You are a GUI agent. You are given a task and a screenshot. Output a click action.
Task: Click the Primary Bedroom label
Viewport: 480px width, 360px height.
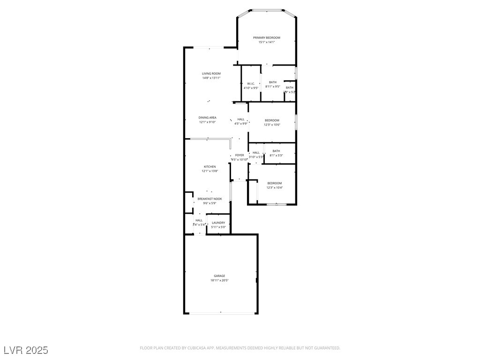coord(266,37)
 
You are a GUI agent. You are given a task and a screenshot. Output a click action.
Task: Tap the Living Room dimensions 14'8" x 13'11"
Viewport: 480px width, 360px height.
coord(211,78)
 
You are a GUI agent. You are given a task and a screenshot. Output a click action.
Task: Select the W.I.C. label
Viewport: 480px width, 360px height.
coord(251,83)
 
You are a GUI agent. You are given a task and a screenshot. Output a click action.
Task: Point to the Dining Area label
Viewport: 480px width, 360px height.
coord(207,118)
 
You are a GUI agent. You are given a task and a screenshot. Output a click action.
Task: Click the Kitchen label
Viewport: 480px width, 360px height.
coord(210,167)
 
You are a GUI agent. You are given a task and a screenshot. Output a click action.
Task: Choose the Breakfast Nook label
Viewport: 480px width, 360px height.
coord(210,199)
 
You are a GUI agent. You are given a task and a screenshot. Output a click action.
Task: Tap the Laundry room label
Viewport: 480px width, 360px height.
coord(218,223)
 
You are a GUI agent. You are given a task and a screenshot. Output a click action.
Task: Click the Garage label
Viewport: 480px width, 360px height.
coord(219,276)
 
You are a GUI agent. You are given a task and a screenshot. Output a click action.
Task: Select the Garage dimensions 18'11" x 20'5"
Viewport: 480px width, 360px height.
coord(219,280)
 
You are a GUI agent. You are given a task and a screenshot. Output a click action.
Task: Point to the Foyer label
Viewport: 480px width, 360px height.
coord(240,155)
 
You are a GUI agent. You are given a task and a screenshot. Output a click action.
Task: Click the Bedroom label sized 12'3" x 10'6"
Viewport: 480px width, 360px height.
coord(272,120)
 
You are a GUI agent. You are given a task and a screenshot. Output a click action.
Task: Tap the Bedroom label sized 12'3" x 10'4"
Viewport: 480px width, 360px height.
coord(275,183)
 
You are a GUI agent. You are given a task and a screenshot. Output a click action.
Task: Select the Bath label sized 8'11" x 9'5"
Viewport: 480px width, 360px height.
coord(273,82)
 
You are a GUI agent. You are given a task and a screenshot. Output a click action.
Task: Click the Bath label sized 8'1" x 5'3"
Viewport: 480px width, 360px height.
coord(276,151)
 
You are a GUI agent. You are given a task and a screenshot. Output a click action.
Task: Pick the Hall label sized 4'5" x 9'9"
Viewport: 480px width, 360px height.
coord(241,119)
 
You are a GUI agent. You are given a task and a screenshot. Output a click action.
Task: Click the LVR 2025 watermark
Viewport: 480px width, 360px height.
coord(26,350)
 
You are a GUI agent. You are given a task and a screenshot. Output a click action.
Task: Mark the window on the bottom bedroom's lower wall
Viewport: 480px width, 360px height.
coord(276,204)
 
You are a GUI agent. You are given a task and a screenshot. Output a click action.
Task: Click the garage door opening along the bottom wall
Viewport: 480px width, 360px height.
coord(220,313)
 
